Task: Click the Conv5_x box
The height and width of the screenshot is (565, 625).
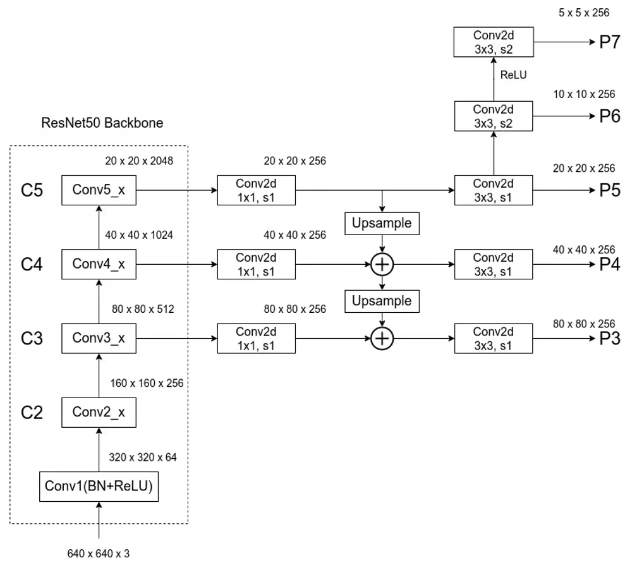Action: pos(99,190)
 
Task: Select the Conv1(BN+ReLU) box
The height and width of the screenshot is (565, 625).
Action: pos(99,486)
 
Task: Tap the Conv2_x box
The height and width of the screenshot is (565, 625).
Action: pos(99,413)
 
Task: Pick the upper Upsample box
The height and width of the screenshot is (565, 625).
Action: pos(381,223)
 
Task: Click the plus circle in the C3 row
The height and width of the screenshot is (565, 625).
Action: pos(381,339)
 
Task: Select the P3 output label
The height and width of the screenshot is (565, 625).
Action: pos(609,339)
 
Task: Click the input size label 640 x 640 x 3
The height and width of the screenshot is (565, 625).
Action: pos(99,554)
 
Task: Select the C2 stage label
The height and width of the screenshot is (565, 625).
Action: pos(32,413)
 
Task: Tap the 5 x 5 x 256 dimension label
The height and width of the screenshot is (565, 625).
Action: pos(586,13)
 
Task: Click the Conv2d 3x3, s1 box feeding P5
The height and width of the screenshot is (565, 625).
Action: pos(494,190)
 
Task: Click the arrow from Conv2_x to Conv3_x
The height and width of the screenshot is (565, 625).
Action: pos(99,376)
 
